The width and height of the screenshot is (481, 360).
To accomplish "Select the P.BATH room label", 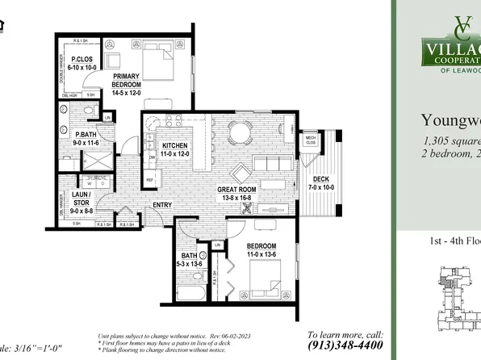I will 86,135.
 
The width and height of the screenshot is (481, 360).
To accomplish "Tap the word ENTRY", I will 162,205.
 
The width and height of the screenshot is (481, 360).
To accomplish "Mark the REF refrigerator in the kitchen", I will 149,179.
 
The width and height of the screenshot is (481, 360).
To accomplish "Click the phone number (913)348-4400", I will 345,344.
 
